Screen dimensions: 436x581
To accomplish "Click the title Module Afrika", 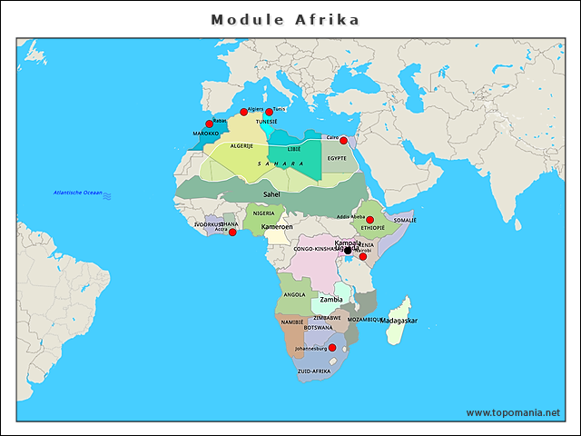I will (x=285, y=19).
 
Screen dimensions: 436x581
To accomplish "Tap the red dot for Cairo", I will (x=343, y=140).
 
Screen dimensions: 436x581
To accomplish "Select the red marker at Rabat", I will (x=210, y=124).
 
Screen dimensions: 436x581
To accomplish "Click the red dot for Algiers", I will (x=243, y=113).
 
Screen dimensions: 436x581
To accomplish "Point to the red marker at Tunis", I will (x=269, y=113).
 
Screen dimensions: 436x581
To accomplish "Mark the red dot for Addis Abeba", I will (x=369, y=220).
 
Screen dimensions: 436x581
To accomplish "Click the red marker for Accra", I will (x=232, y=233).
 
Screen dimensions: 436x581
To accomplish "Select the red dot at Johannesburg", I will (x=331, y=348).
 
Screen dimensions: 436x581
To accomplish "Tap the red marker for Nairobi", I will (x=363, y=256).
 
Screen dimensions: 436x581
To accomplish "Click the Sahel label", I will (x=271, y=193).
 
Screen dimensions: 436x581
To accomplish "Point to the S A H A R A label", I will (x=281, y=163).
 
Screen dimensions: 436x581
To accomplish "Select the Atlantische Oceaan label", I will (x=77, y=193).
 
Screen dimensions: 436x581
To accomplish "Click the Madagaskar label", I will (x=399, y=321).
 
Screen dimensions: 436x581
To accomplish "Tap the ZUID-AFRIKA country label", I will (x=313, y=371).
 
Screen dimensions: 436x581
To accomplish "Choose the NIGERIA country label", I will (x=263, y=213).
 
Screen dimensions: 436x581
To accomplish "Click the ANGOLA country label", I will (x=295, y=294).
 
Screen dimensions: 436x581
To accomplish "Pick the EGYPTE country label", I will (x=337, y=158).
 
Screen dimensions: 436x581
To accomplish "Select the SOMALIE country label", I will (x=404, y=220).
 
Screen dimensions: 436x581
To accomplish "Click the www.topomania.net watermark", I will (x=513, y=412).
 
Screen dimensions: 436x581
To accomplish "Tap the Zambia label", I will (x=330, y=299).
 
